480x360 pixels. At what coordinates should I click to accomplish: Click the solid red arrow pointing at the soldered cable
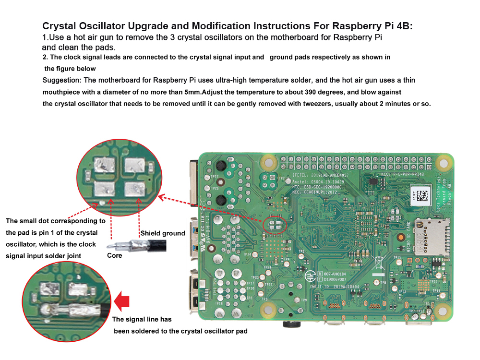click(x=124, y=301)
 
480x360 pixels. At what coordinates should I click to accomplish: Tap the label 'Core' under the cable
click(x=114, y=255)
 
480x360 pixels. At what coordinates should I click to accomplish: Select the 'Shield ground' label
click(x=163, y=233)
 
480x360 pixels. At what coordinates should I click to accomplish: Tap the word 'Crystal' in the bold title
click(x=60, y=26)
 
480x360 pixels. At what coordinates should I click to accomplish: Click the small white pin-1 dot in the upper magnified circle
click(x=102, y=202)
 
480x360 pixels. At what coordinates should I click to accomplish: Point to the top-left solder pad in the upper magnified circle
click(x=105, y=166)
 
